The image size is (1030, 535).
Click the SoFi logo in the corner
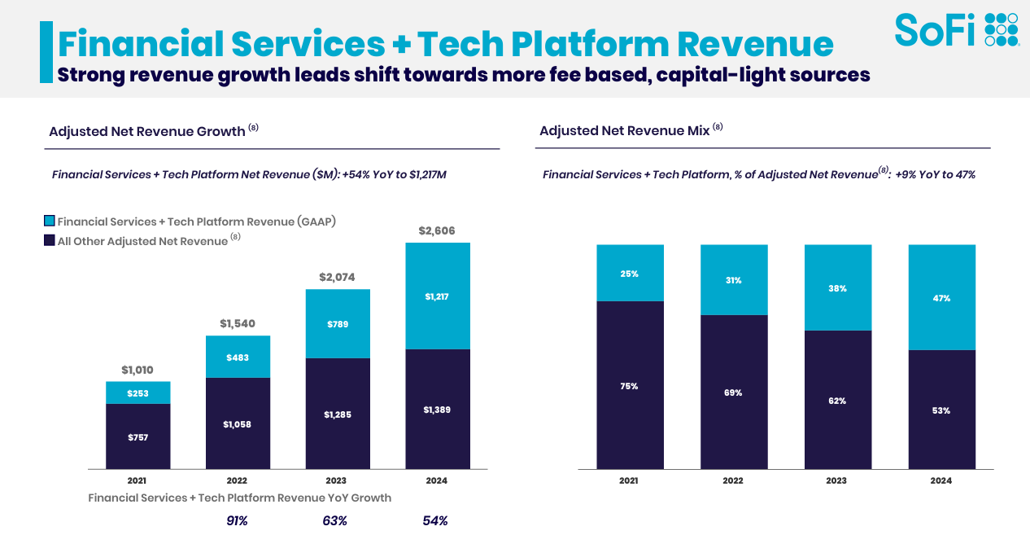[x=957, y=29]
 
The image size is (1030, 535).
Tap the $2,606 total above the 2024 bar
[x=438, y=231]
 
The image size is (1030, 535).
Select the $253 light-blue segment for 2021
[x=138, y=393]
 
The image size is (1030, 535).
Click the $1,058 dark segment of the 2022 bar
[x=238, y=423]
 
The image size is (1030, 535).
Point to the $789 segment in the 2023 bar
[x=338, y=324]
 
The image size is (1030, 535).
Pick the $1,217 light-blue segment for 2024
[x=438, y=296]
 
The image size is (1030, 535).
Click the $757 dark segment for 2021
[x=138, y=437]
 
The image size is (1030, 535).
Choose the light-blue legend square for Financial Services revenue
[x=50, y=221]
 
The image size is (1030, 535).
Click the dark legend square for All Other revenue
[x=50, y=240]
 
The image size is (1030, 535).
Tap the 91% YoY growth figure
[x=237, y=521]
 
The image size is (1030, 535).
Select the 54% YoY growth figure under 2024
[x=435, y=521]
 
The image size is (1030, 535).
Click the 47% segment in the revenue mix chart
[x=941, y=298]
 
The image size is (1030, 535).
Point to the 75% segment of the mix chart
[x=629, y=386]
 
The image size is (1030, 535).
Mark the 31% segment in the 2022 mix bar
[x=733, y=280]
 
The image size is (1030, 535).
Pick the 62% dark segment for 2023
[x=838, y=401]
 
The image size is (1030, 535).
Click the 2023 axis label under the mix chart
[x=837, y=480]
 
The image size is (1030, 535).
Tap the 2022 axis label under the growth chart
[x=237, y=480]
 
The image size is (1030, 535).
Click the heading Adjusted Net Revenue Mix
[x=624, y=130]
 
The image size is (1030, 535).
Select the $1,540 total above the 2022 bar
[x=238, y=324]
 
